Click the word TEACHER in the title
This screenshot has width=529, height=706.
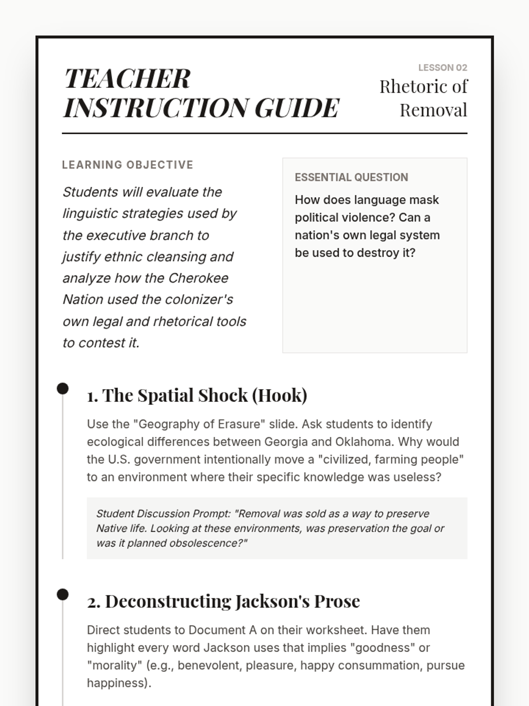pos(127,79)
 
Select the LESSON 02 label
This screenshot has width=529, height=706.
pos(442,68)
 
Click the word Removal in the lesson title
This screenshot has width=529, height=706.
pos(433,110)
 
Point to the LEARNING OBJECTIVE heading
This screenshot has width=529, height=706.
pos(127,165)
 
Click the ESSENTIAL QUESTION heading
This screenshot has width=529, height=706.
pos(351,177)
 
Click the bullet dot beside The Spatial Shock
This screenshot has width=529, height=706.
pos(63,389)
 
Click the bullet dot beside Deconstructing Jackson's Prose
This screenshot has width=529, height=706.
pos(63,594)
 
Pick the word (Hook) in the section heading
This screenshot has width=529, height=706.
pos(279,395)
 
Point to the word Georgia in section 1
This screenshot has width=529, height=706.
pos(286,442)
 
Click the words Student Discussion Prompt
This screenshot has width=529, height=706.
pos(163,514)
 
